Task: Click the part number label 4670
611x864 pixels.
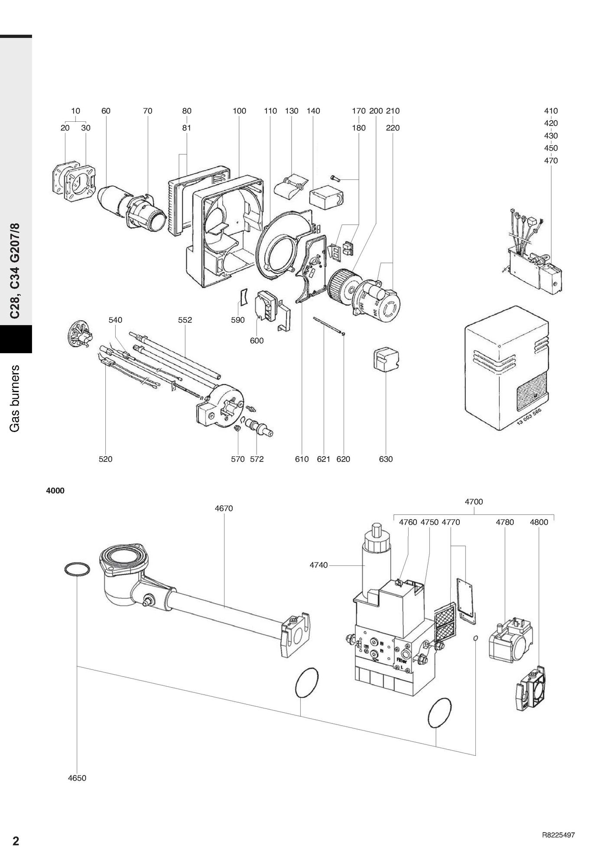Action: point(224,508)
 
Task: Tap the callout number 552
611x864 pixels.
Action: point(185,320)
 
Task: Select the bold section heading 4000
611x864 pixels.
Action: point(55,491)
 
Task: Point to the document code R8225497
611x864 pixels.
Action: point(558,835)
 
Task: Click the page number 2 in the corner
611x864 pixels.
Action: point(16,841)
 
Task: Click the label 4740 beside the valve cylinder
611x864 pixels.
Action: point(318,565)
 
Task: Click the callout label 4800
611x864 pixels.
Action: point(539,523)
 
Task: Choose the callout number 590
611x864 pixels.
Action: point(238,320)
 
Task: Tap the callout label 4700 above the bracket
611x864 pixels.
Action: point(474,502)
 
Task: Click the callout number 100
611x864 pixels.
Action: point(239,111)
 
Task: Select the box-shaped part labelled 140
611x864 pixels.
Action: point(326,197)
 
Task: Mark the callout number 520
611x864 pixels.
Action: point(105,459)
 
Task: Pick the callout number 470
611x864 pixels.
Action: point(551,161)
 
